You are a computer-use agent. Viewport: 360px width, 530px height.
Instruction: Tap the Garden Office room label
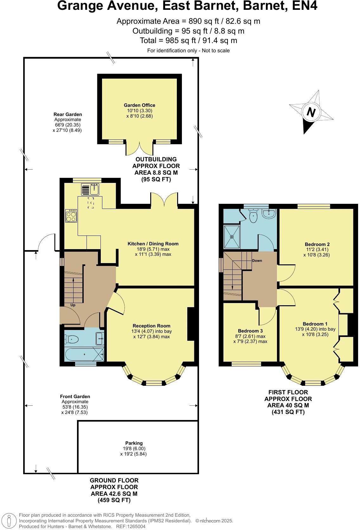tap(139, 105)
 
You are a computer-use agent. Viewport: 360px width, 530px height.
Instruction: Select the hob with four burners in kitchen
tap(71, 216)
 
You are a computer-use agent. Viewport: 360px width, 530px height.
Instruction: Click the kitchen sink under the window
tap(94, 190)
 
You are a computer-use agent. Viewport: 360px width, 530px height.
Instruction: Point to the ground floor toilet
tap(73, 339)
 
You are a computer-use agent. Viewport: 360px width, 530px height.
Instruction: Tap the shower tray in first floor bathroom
tap(232, 236)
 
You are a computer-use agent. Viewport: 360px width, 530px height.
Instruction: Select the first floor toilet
tap(254, 217)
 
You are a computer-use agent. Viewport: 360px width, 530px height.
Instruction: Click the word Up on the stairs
tap(73, 305)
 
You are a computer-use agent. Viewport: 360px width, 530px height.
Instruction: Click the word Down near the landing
tap(257, 261)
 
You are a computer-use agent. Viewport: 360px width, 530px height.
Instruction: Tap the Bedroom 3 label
tap(250, 331)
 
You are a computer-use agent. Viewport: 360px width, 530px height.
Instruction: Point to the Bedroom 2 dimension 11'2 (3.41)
tap(317, 249)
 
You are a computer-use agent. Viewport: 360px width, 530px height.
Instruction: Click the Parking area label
tap(134, 443)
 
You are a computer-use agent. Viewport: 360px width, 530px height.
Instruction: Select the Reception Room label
tap(151, 326)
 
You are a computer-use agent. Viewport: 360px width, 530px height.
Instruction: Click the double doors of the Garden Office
tap(139, 149)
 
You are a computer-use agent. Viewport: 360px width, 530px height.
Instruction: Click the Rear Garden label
tap(67, 114)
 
